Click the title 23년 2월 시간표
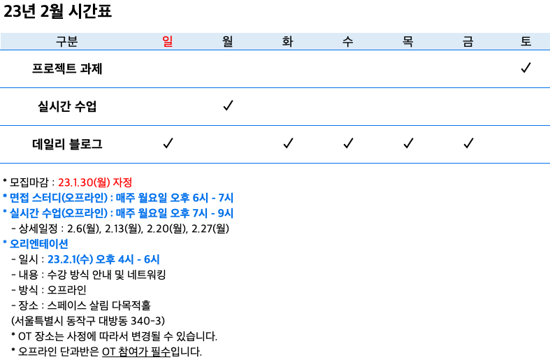pyautogui.click(x=57, y=11)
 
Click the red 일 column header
pyautogui.click(x=168, y=41)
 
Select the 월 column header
pyautogui.click(x=228, y=41)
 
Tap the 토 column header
pyautogui.click(x=526, y=41)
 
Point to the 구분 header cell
pyautogui.click(x=66, y=41)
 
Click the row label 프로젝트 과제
pyautogui.click(x=67, y=69)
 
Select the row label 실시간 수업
pyautogui.click(x=67, y=106)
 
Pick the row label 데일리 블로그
pyautogui.click(x=67, y=144)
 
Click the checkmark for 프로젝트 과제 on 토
pyautogui.click(x=526, y=67)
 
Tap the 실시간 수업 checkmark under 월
pyautogui.click(x=228, y=106)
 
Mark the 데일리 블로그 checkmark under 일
pyautogui.click(x=168, y=143)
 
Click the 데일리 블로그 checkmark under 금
pyautogui.click(x=468, y=143)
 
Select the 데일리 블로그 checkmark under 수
pyautogui.click(x=348, y=143)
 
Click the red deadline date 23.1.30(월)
pyautogui.click(x=84, y=182)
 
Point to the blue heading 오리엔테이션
pyautogui.click(x=38, y=244)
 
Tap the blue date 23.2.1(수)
pyautogui.click(x=70, y=259)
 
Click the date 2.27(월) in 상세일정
pyautogui.click(x=210, y=229)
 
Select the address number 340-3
pyautogui.click(x=146, y=321)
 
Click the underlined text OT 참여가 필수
pyautogui.click(x=136, y=352)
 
